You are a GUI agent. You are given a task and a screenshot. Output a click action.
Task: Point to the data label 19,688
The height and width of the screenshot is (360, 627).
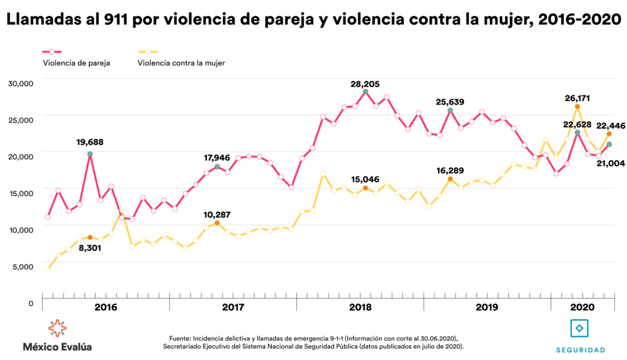[x=90, y=143]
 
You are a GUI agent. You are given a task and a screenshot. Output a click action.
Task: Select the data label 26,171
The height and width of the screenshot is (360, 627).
[x=577, y=96]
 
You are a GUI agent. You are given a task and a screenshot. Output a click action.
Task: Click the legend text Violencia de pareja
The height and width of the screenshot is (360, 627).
[x=77, y=62]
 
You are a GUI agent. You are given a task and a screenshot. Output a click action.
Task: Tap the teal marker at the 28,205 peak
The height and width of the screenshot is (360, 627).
[x=366, y=92]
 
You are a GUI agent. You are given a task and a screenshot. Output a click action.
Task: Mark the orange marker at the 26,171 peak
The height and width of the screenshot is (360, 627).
[x=577, y=107]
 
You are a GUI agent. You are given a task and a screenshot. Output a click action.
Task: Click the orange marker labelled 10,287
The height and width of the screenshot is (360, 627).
[x=217, y=223]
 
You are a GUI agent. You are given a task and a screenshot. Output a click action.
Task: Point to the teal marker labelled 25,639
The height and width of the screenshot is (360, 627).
[x=450, y=111]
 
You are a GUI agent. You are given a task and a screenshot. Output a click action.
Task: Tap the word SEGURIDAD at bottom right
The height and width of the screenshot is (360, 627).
[x=580, y=350]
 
